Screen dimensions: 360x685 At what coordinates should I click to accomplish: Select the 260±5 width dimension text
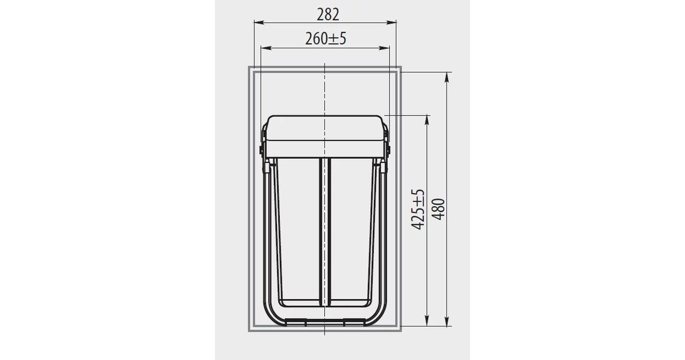click(325, 39)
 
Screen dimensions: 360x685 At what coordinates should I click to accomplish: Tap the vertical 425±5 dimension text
click(418, 210)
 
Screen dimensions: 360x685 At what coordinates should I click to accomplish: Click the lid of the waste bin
click(324, 136)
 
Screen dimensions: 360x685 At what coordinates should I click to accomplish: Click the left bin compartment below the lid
click(295, 230)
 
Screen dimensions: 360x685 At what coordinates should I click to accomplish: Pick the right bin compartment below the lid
click(353, 230)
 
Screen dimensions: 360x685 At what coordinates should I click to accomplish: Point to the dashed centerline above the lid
click(324, 89)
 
